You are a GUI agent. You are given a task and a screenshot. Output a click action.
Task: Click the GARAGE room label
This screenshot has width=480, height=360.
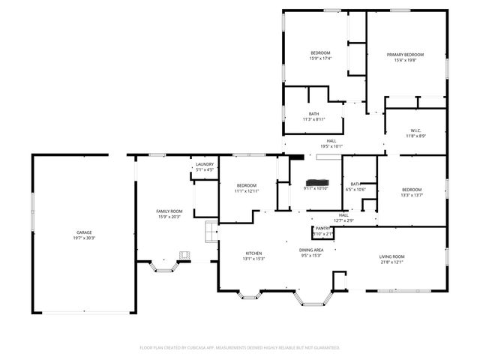[x=85, y=232]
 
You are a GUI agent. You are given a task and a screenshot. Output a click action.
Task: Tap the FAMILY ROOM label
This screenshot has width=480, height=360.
[x=169, y=211]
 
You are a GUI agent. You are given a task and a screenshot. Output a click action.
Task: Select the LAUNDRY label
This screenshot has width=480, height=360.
[x=205, y=164]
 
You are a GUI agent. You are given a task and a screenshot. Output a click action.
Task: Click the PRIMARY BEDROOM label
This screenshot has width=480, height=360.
[x=405, y=55]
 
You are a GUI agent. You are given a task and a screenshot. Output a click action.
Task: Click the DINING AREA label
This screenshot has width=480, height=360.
[x=311, y=250]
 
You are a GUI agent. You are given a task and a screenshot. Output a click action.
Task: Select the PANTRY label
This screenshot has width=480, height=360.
[x=323, y=228]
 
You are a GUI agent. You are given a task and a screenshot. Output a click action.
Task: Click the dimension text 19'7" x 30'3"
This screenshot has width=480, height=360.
[x=85, y=238]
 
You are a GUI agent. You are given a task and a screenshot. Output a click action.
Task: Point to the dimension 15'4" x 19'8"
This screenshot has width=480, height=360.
[x=405, y=61]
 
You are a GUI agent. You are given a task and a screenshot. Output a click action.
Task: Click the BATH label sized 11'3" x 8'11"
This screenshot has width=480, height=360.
[x=313, y=114]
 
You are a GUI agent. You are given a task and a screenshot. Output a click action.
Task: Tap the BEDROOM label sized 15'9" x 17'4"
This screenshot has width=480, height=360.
[x=320, y=52]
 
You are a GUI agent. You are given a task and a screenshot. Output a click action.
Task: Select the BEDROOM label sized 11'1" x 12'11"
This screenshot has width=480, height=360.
[x=246, y=185]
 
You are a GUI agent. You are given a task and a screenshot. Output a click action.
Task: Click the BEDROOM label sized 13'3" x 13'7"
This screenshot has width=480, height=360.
[x=412, y=189]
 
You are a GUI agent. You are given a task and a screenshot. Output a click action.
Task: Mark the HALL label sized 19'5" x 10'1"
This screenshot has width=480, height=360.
[x=331, y=140]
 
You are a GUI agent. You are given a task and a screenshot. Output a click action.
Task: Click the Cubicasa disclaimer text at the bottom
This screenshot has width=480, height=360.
[x=240, y=347]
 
